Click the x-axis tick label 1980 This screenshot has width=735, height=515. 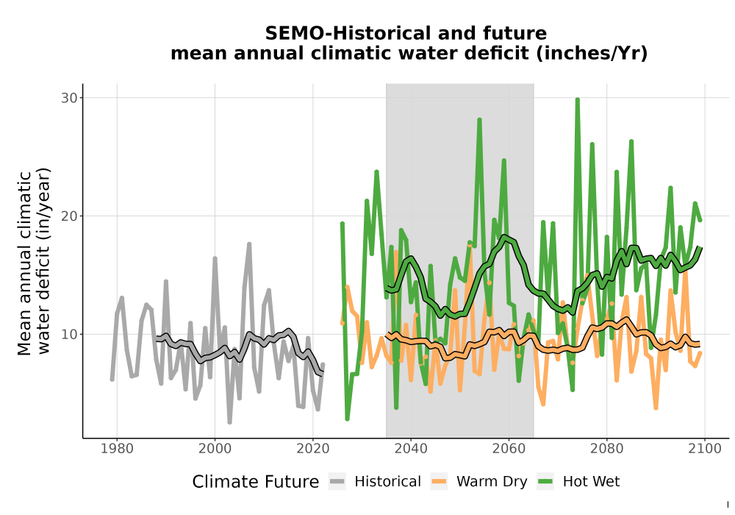[117, 448]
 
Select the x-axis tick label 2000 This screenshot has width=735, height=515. [215, 448]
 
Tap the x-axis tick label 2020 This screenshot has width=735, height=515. [312, 448]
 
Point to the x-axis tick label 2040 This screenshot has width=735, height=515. [411, 448]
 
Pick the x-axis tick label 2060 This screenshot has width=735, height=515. [509, 448]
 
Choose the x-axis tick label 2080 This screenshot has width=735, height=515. [606, 448]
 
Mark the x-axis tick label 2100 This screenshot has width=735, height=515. [705, 448]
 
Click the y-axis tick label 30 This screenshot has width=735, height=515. [69, 98]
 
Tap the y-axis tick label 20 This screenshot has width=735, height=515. [69, 216]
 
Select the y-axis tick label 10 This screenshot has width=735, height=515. [69, 335]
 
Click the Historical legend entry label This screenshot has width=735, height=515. [387, 482]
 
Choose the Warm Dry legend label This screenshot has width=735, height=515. [492, 482]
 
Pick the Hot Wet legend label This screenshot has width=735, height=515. [591, 482]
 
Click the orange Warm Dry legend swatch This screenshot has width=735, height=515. [440, 482]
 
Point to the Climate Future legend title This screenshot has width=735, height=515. [256, 482]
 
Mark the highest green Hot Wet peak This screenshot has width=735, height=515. [578, 99]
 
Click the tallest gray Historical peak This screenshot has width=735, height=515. [249, 244]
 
